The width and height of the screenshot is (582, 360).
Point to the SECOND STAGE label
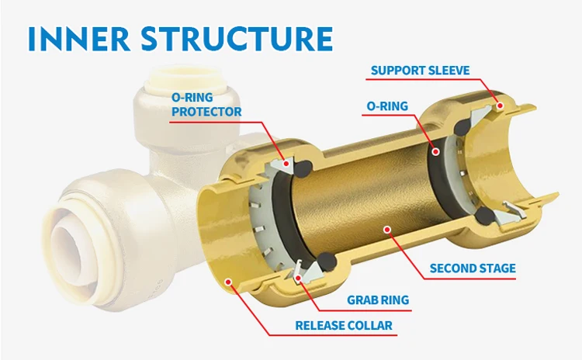pos(473,268)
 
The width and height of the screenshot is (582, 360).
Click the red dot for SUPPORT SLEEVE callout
pos(501,105)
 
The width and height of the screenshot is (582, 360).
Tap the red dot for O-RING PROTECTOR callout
pos(287,164)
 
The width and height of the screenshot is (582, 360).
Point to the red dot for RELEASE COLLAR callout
pos(227,282)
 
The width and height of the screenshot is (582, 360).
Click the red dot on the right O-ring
pos(437,152)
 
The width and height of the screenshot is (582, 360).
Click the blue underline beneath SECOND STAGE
pos(473,279)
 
